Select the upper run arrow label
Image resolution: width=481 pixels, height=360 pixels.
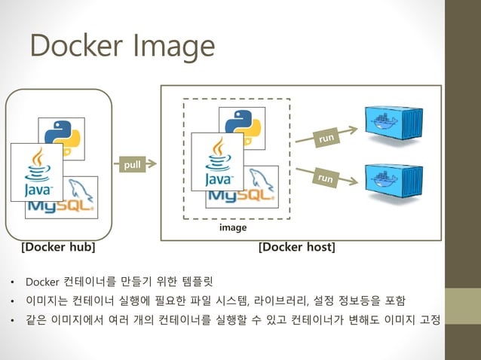326,138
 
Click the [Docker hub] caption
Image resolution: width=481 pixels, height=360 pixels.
58,247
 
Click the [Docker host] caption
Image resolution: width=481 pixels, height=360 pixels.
296,247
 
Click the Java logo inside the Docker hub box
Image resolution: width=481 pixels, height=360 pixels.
37,171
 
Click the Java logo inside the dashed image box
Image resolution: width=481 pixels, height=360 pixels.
218,162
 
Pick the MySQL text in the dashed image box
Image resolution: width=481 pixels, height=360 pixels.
240,196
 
